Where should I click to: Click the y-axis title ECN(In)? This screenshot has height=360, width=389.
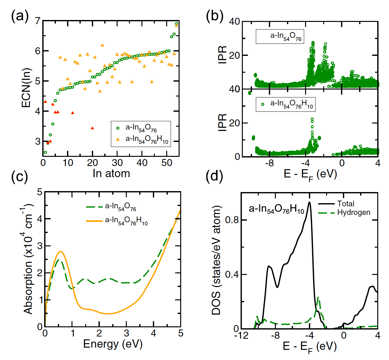[x=27, y=88]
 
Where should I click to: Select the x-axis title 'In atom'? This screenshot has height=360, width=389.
[x=111, y=174]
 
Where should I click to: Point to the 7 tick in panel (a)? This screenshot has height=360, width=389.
[x=38, y=21]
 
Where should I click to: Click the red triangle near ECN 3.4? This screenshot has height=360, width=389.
[x=92, y=128]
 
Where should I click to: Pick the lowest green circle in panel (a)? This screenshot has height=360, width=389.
[x=45, y=152]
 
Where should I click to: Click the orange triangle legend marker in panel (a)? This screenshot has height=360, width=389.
[x=118, y=139]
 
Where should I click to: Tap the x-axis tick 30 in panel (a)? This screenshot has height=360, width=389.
[x=117, y=163]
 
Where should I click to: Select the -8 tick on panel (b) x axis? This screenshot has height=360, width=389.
[x=269, y=163]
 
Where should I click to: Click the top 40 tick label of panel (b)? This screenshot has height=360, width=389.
[x=235, y=22]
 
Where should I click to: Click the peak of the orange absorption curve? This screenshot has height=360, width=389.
[x=60, y=251]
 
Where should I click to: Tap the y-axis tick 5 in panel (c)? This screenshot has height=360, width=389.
[x=40, y=192]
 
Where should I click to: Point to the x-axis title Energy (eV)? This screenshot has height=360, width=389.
[x=113, y=344]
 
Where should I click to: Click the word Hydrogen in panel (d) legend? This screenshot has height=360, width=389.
[x=354, y=212]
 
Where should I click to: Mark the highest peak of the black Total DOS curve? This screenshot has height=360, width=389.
[x=309, y=202]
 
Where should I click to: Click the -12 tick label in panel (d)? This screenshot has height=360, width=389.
[x=241, y=336]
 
